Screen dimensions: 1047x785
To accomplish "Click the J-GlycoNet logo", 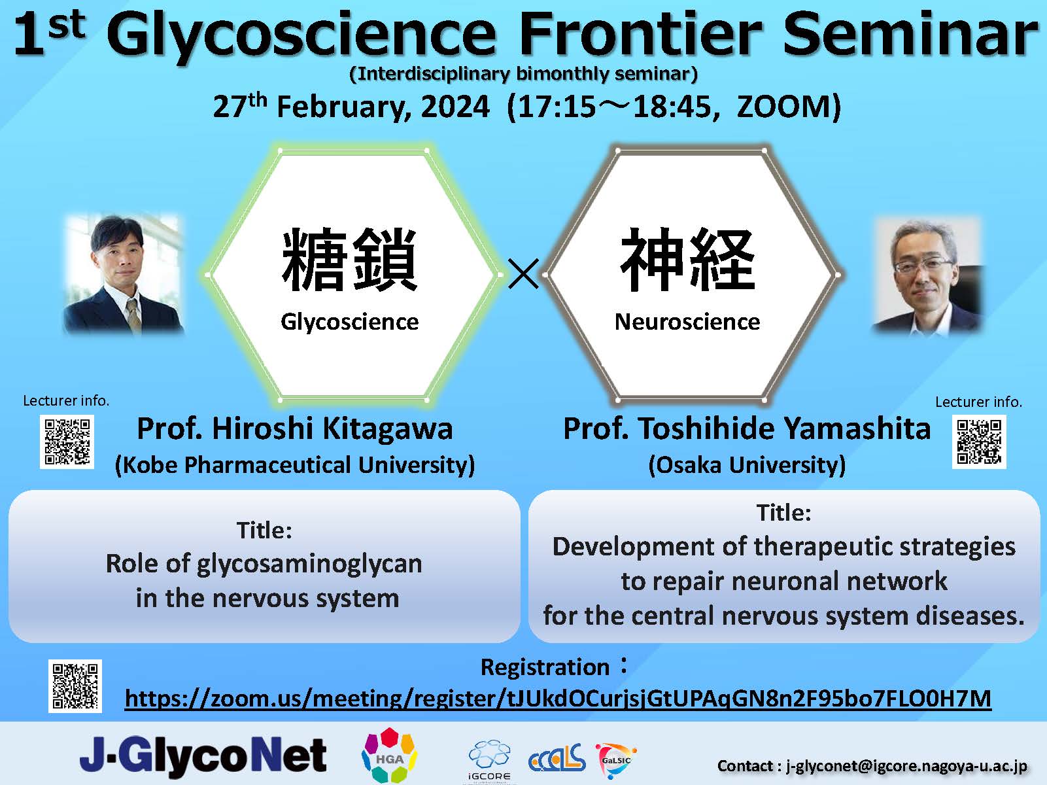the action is click(x=203, y=756).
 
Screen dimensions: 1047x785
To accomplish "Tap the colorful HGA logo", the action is click(x=389, y=756).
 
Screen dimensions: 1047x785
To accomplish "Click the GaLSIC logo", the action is click(x=615, y=759).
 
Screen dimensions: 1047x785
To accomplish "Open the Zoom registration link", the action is click(x=558, y=699).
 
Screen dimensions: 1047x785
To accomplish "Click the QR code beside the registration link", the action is click(x=75, y=686).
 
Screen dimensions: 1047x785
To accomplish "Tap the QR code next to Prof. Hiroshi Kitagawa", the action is click(x=67, y=442).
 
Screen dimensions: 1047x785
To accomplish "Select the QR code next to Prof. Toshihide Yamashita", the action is click(x=979, y=442).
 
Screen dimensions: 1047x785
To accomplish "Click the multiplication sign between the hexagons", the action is click(x=523, y=273).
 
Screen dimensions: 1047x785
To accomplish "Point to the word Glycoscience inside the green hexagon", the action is click(x=350, y=322).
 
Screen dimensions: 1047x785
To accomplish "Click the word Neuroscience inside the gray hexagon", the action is click(x=687, y=322).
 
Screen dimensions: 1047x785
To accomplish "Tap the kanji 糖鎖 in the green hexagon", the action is click(x=350, y=260).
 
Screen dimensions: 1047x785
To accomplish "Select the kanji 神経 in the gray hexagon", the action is click(x=687, y=260).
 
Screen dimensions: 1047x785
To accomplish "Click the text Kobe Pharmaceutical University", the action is click(x=295, y=465).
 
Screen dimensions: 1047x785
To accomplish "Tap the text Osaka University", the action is click(x=747, y=465).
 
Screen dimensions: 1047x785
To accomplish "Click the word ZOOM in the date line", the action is click(x=784, y=107).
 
